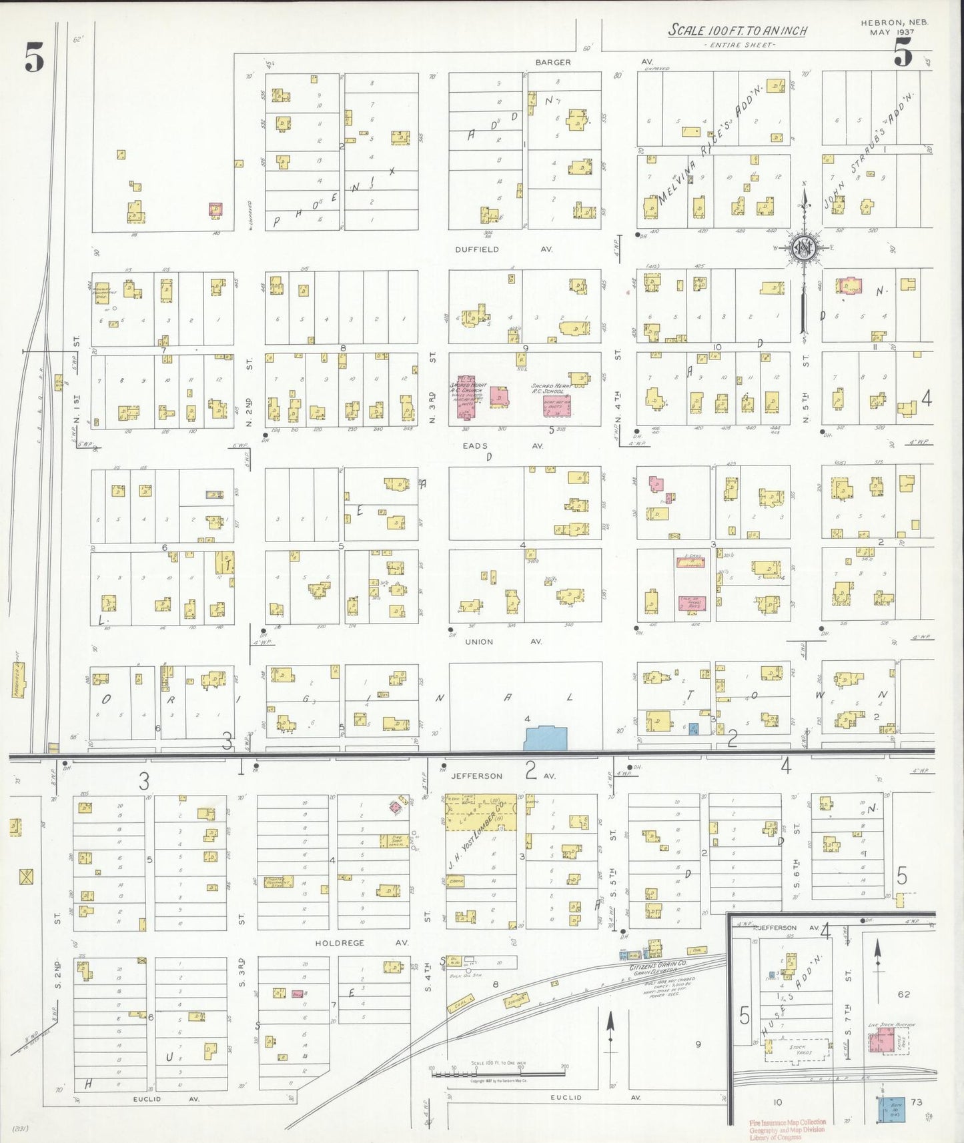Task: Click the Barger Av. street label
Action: click(x=552, y=62)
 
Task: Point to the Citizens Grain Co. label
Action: click(x=658, y=966)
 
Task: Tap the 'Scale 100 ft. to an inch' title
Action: click(x=738, y=31)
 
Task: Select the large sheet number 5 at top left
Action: click(x=35, y=57)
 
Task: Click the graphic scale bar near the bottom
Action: click(x=498, y=1074)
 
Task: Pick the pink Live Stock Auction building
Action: click(x=885, y=1041)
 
